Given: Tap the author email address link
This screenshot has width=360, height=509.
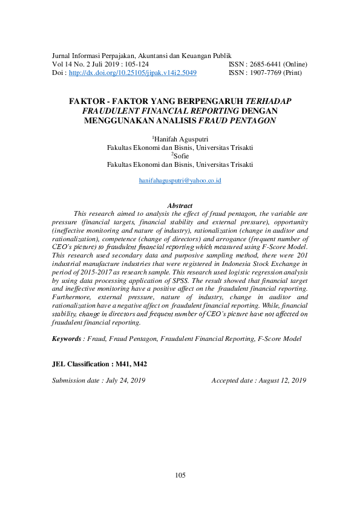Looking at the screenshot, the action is click(x=180, y=181).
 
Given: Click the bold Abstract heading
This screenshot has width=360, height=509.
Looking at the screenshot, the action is click(x=180, y=206).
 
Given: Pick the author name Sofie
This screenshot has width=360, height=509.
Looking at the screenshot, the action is click(x=181, y=156).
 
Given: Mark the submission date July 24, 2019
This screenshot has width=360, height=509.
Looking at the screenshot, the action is click(x=125, y=381).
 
